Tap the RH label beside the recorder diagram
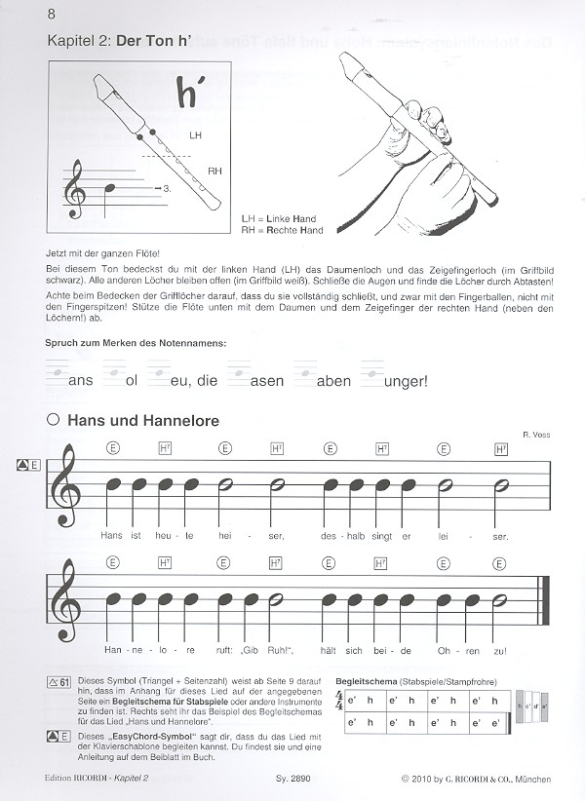point(214,171)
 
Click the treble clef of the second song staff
point(70,599)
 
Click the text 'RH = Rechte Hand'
point(281,231)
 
